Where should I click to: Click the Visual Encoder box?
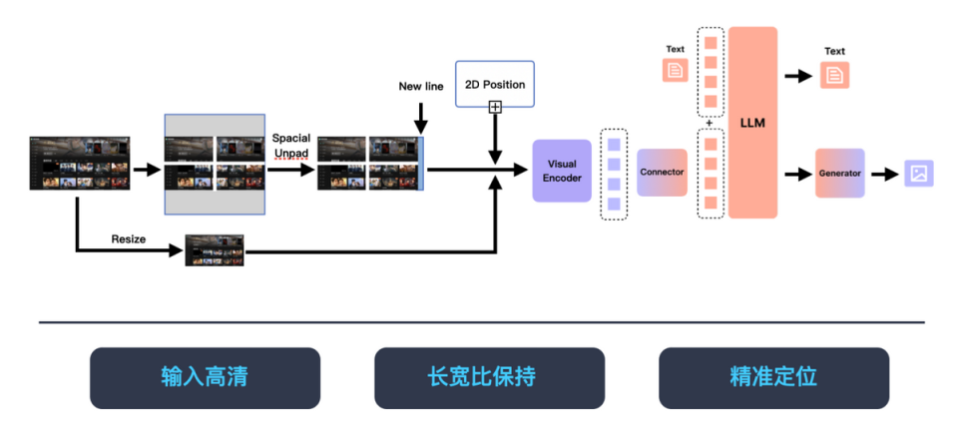pyautogui.click(x=562, y=172)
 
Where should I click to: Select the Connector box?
pyautogui.click(x=662, y=173)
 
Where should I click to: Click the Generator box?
pyautogui.click(x=839, y=173)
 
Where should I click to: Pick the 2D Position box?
pyautogui.click(x=495, y=84)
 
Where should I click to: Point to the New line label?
pyautogui.click(x=421, y=87)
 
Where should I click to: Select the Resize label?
pyautogui.click(x=129, y=239)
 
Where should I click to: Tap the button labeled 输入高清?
pyautogui.click(x=205, y=377)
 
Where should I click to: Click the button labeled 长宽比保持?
pyautogui.click(x=489, y=377)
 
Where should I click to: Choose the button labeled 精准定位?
pyautogui.click(x=773, y=377)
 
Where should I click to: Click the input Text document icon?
pyautogui.click(x=676, y=70)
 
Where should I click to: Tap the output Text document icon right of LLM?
pyautogui.click(x=834, y=74)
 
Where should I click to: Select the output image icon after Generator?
pyautogui.click(x=919, y=174)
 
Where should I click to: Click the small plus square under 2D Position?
pyautogui.click(x=495, y=107)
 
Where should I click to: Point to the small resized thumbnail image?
pyautogui.click(x=215, y=249)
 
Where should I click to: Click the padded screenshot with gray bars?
pyautogui.click(x=215, y=164)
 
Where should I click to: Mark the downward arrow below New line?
pyautogui.click(x=420, y=118)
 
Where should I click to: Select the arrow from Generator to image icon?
pyautogui.click(x=883, y=174)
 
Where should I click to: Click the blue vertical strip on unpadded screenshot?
pyautogui.click(x=421, y=164)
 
